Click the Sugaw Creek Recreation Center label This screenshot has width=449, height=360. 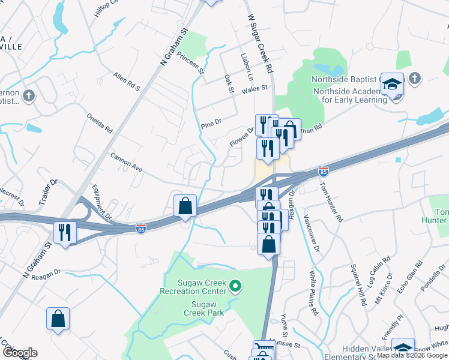point(193,287)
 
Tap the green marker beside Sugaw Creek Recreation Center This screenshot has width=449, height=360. point(235,287)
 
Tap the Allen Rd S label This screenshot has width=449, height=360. point(126,82)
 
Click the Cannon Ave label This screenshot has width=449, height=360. point(125,161)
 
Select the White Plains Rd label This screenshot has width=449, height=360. point(313,293)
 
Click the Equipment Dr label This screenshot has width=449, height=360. point(101,202)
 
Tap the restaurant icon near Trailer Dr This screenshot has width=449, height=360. point(64,232)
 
